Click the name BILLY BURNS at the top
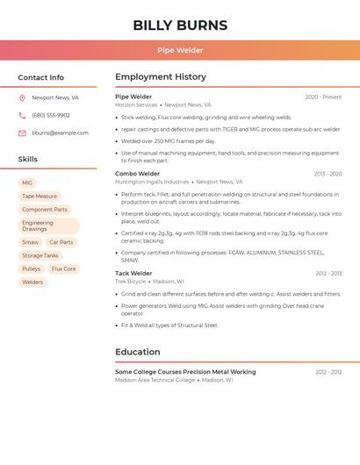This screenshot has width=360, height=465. click(180, 25)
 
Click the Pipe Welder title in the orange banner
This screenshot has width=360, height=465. click(180, 50)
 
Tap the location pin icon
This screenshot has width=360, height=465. click(22, 98)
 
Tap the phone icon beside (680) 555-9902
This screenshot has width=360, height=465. click(22, 116)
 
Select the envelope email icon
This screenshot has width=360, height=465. click(22, 133)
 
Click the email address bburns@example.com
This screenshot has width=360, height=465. click(60, 133)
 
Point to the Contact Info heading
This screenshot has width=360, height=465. click(41, 77)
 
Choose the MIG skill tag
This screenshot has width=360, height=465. click(27, 182)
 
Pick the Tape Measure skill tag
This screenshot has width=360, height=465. click(40, 197)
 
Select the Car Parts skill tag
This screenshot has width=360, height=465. click(61, 242)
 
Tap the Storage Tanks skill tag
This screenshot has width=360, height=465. click(40, 255)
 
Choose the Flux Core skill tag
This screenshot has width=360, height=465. click(64, 269)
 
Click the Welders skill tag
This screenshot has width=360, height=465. click(32, 283)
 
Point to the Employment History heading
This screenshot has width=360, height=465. click(161, 77)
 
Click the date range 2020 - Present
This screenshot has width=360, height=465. click(323, 97)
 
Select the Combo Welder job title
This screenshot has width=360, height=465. click(137, 174)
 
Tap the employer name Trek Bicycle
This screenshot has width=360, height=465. click(131, 282)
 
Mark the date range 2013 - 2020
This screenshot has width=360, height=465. click(328, 174)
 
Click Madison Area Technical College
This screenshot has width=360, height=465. click(155, 380)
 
